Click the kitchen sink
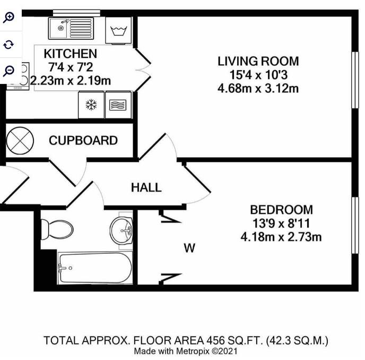(x=71, y=28)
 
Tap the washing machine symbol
(x=119, y=30)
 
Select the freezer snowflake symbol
(x=91, y=105)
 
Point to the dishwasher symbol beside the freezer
(x=118, y=105)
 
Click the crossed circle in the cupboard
(x=20, y=141)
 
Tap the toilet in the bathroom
(x=57, y=229)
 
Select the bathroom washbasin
(x=121, y=230)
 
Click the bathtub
(x=95, y=268)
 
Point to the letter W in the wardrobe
(x=189, y=248)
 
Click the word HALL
(x=146, y=187)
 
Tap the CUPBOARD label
(x=83, y=141)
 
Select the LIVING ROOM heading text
(x=258, y=61)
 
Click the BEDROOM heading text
(x=281, y=210)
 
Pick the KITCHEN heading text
(x=71, y=54)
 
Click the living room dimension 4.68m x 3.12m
(x=258, y=89)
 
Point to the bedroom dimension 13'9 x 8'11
(x=281, y=224)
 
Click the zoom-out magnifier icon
(x=8, y=71)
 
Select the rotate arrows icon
(x=8, y=44)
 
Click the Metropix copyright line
(x=186, y=351)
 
